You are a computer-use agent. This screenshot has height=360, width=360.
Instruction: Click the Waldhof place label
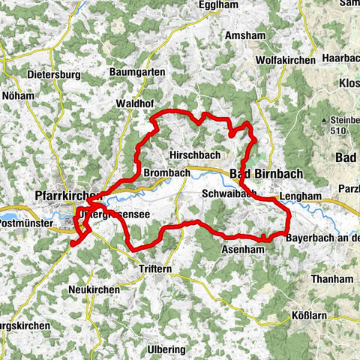coord(135,103)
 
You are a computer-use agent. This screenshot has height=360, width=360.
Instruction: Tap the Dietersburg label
coord(52,75)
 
